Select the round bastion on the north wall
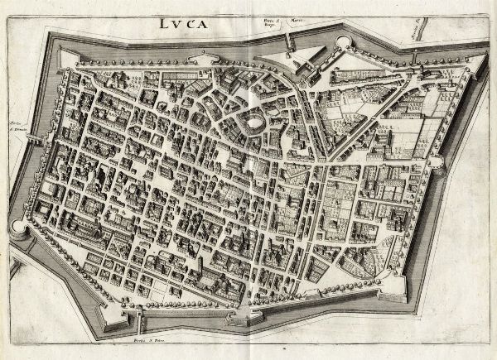tap(343, 42)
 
